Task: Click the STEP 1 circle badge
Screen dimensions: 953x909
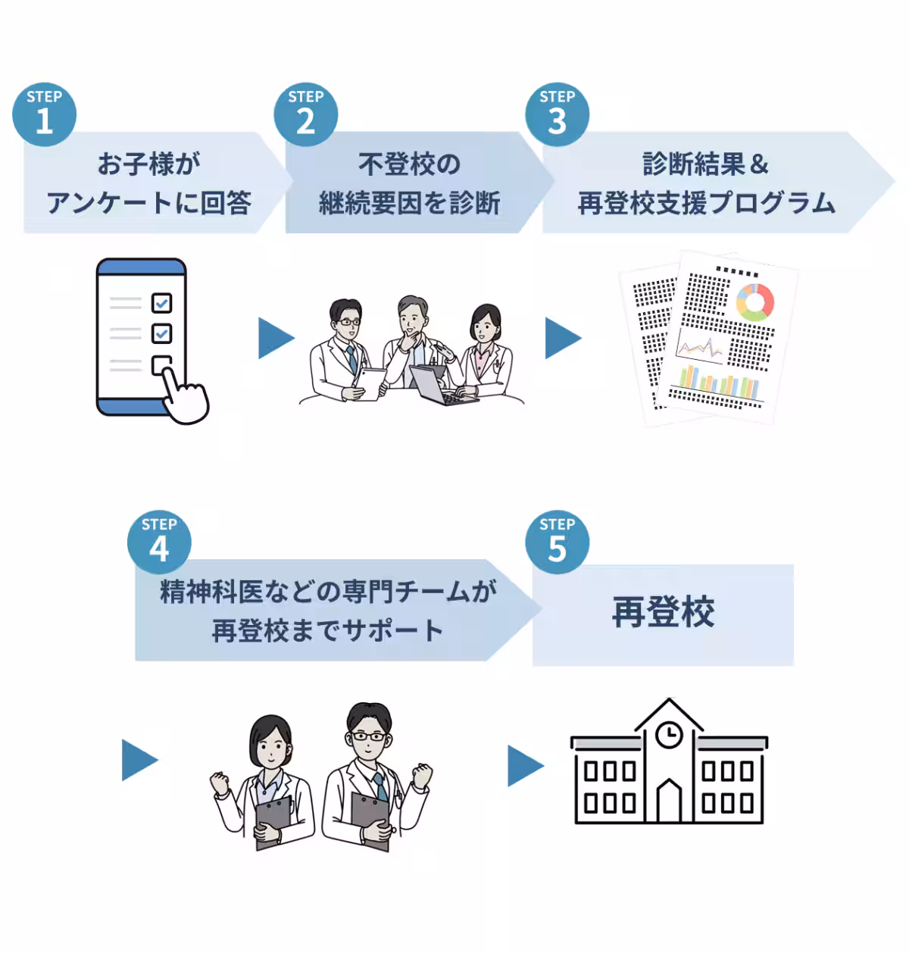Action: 44,114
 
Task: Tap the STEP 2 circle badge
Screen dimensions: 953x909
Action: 305,114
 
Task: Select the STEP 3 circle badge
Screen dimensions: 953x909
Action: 557,114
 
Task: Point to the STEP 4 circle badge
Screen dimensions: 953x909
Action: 159,542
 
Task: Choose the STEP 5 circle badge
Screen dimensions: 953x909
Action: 557,542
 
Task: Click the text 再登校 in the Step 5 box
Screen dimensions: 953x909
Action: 663,613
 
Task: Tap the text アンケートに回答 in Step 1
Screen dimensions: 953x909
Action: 149,203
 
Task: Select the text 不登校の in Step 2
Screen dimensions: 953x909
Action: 409,164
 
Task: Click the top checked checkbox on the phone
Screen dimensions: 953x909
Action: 161,303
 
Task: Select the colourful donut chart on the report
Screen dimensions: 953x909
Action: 754,302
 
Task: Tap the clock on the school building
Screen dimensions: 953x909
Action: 668,734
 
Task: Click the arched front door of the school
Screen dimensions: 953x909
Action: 668,802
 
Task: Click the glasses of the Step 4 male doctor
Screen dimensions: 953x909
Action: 368,736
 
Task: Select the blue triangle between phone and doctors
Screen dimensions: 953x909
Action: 274,338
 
